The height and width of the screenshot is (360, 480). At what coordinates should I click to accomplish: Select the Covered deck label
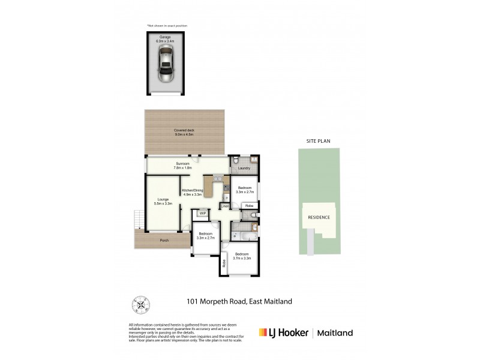pyautogui.click(x=184, y=133)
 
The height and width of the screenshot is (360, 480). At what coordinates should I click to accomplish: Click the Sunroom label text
pyautogui.click(x=182, y=166)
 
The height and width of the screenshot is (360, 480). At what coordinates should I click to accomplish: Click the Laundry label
pyautogui.click(x=244, y=169)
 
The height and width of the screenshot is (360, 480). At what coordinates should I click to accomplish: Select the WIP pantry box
pyautogui.click(x=203, y=213)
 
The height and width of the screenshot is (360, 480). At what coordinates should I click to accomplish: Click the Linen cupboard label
pyautogui.click(x=225, y=206)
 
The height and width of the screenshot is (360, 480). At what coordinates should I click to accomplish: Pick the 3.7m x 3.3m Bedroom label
pyautogui.click(x=242, y=256)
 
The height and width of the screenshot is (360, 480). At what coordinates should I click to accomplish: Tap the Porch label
pyautogui.click(x=164, y=241)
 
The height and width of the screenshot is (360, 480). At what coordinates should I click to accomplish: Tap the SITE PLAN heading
pyautogui.click(x=319, y=142)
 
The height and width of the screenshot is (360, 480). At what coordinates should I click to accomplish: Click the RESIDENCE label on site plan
pyautogui.click(x=319, y=217)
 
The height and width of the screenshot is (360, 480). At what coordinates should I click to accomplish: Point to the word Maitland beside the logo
pyautogui.click(x=334, y=332)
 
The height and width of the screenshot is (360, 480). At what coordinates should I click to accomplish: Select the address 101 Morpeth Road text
pyautogui.click(x=238, y=302)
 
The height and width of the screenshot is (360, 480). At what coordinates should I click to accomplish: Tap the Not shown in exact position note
pyautogui.click(x=166, y=26)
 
